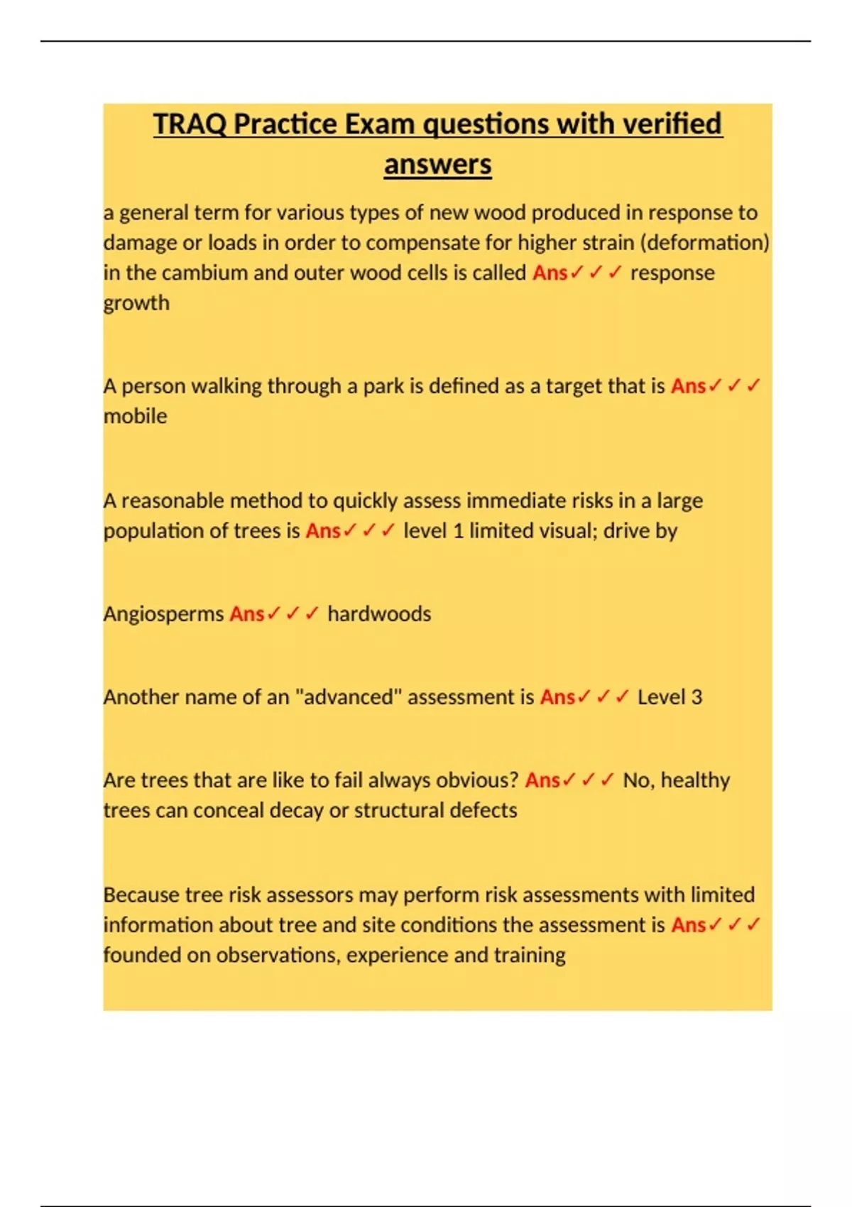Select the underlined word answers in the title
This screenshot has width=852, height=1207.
point(437,165)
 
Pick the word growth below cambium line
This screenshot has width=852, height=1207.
point(136,303)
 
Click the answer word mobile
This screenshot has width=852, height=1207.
point(135,416)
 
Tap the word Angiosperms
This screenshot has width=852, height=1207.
point(163,614)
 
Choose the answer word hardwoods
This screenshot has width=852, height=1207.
point(379,614)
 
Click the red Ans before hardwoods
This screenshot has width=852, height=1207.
point(246,614)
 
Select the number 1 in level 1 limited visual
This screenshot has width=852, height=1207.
point(458,531)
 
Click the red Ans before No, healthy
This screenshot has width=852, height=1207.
point(542,780)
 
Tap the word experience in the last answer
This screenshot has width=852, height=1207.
point(397,956)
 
